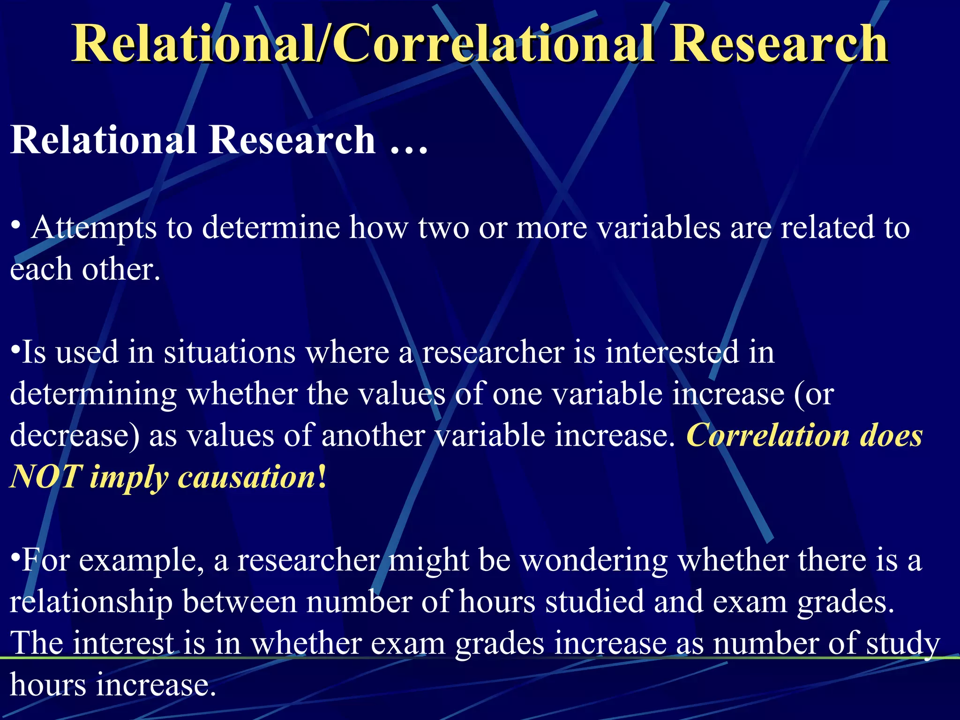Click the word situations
point(230,352)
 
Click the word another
point(373,435)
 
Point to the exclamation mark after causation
point(322,477)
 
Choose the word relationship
point(91,602)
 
